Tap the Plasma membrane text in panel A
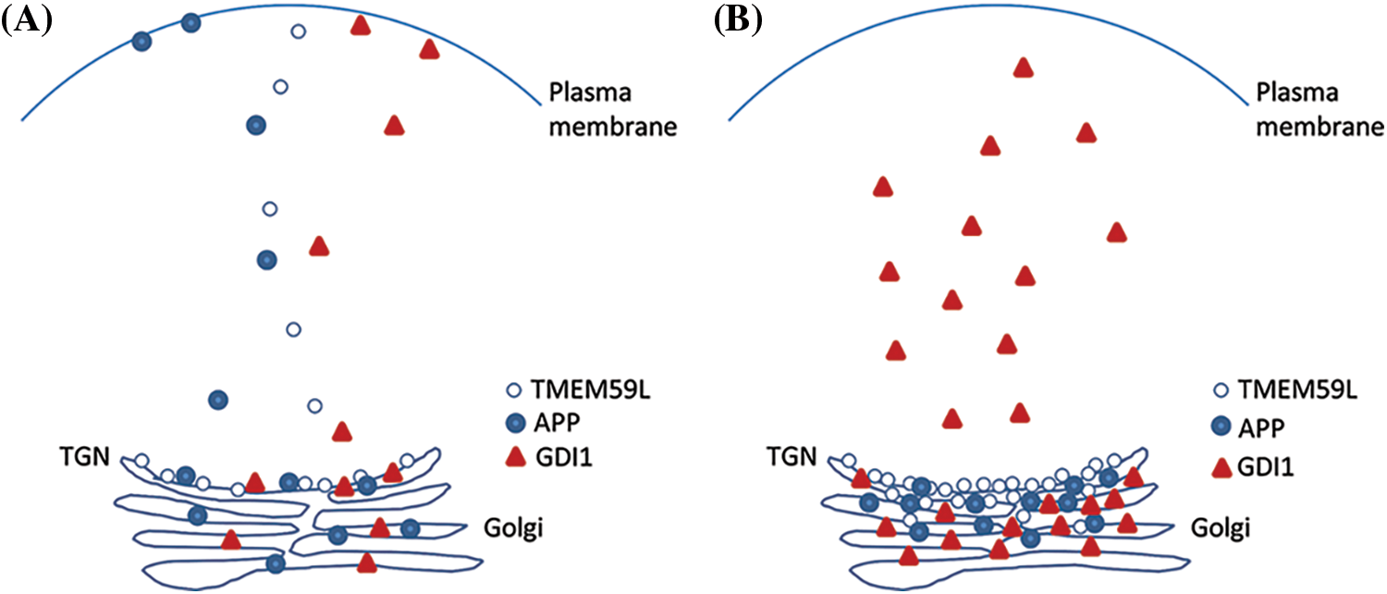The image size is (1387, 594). coord(613,109)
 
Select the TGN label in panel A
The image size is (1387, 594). coord(85,456)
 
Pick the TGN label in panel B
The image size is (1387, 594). coord(792,456)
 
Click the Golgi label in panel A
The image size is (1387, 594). coord(513,528)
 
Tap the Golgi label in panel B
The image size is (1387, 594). coord(1221,528)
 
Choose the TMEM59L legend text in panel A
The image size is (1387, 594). coord(591,390)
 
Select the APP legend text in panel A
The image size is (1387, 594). coord(557,423)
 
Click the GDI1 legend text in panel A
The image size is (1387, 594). coord(564,458)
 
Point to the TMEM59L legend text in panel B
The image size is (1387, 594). coord(1298,390)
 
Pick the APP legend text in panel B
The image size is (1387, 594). coord(1261,428)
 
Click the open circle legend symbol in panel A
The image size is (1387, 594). coord(514,390)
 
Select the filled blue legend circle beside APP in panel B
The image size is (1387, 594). coord(1221,427)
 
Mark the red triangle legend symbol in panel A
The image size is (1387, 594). coord(516,458)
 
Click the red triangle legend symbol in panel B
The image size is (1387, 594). coord(1221,468)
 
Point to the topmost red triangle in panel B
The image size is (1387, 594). coord(1024,68)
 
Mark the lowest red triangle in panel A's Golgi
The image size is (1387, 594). coord(367,563)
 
